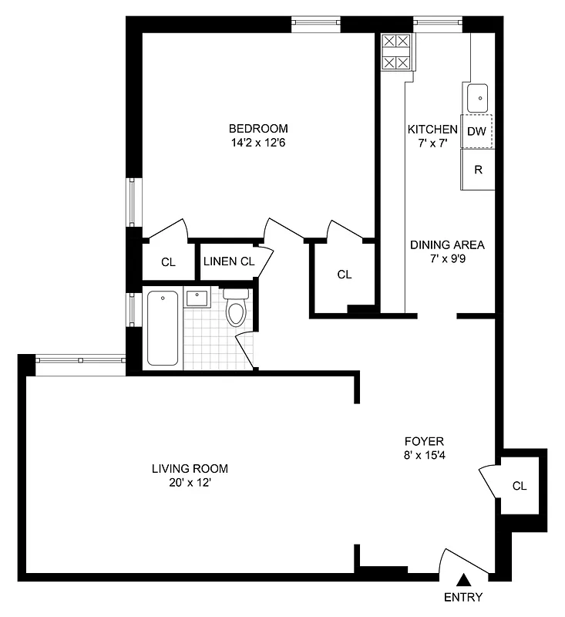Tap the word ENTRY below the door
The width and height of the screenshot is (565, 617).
tap(463, 597)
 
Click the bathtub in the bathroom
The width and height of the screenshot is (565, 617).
tap(163, 328)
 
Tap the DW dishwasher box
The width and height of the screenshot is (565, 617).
tap(476, 131)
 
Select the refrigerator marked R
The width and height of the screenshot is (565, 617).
tap(477, 169)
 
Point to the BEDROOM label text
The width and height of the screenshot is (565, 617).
tap(257, 128)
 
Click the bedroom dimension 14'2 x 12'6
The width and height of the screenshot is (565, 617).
tap(257, 142)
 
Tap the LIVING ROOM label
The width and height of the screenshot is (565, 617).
tap(190, 468)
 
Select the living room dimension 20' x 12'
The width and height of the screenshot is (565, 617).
tap(190, 483)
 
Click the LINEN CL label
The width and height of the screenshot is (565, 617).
tap(228, 261)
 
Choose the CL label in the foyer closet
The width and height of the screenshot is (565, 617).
tap(520, 486)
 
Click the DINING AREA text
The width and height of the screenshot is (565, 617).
tap(447, 244)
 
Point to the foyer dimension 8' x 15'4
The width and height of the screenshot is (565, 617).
tap(424, 456)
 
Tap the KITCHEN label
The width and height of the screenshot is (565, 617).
tap(432, 129)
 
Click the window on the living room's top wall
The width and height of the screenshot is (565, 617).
tap(80, 359)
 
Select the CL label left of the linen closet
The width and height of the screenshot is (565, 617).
tap(168, 262)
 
